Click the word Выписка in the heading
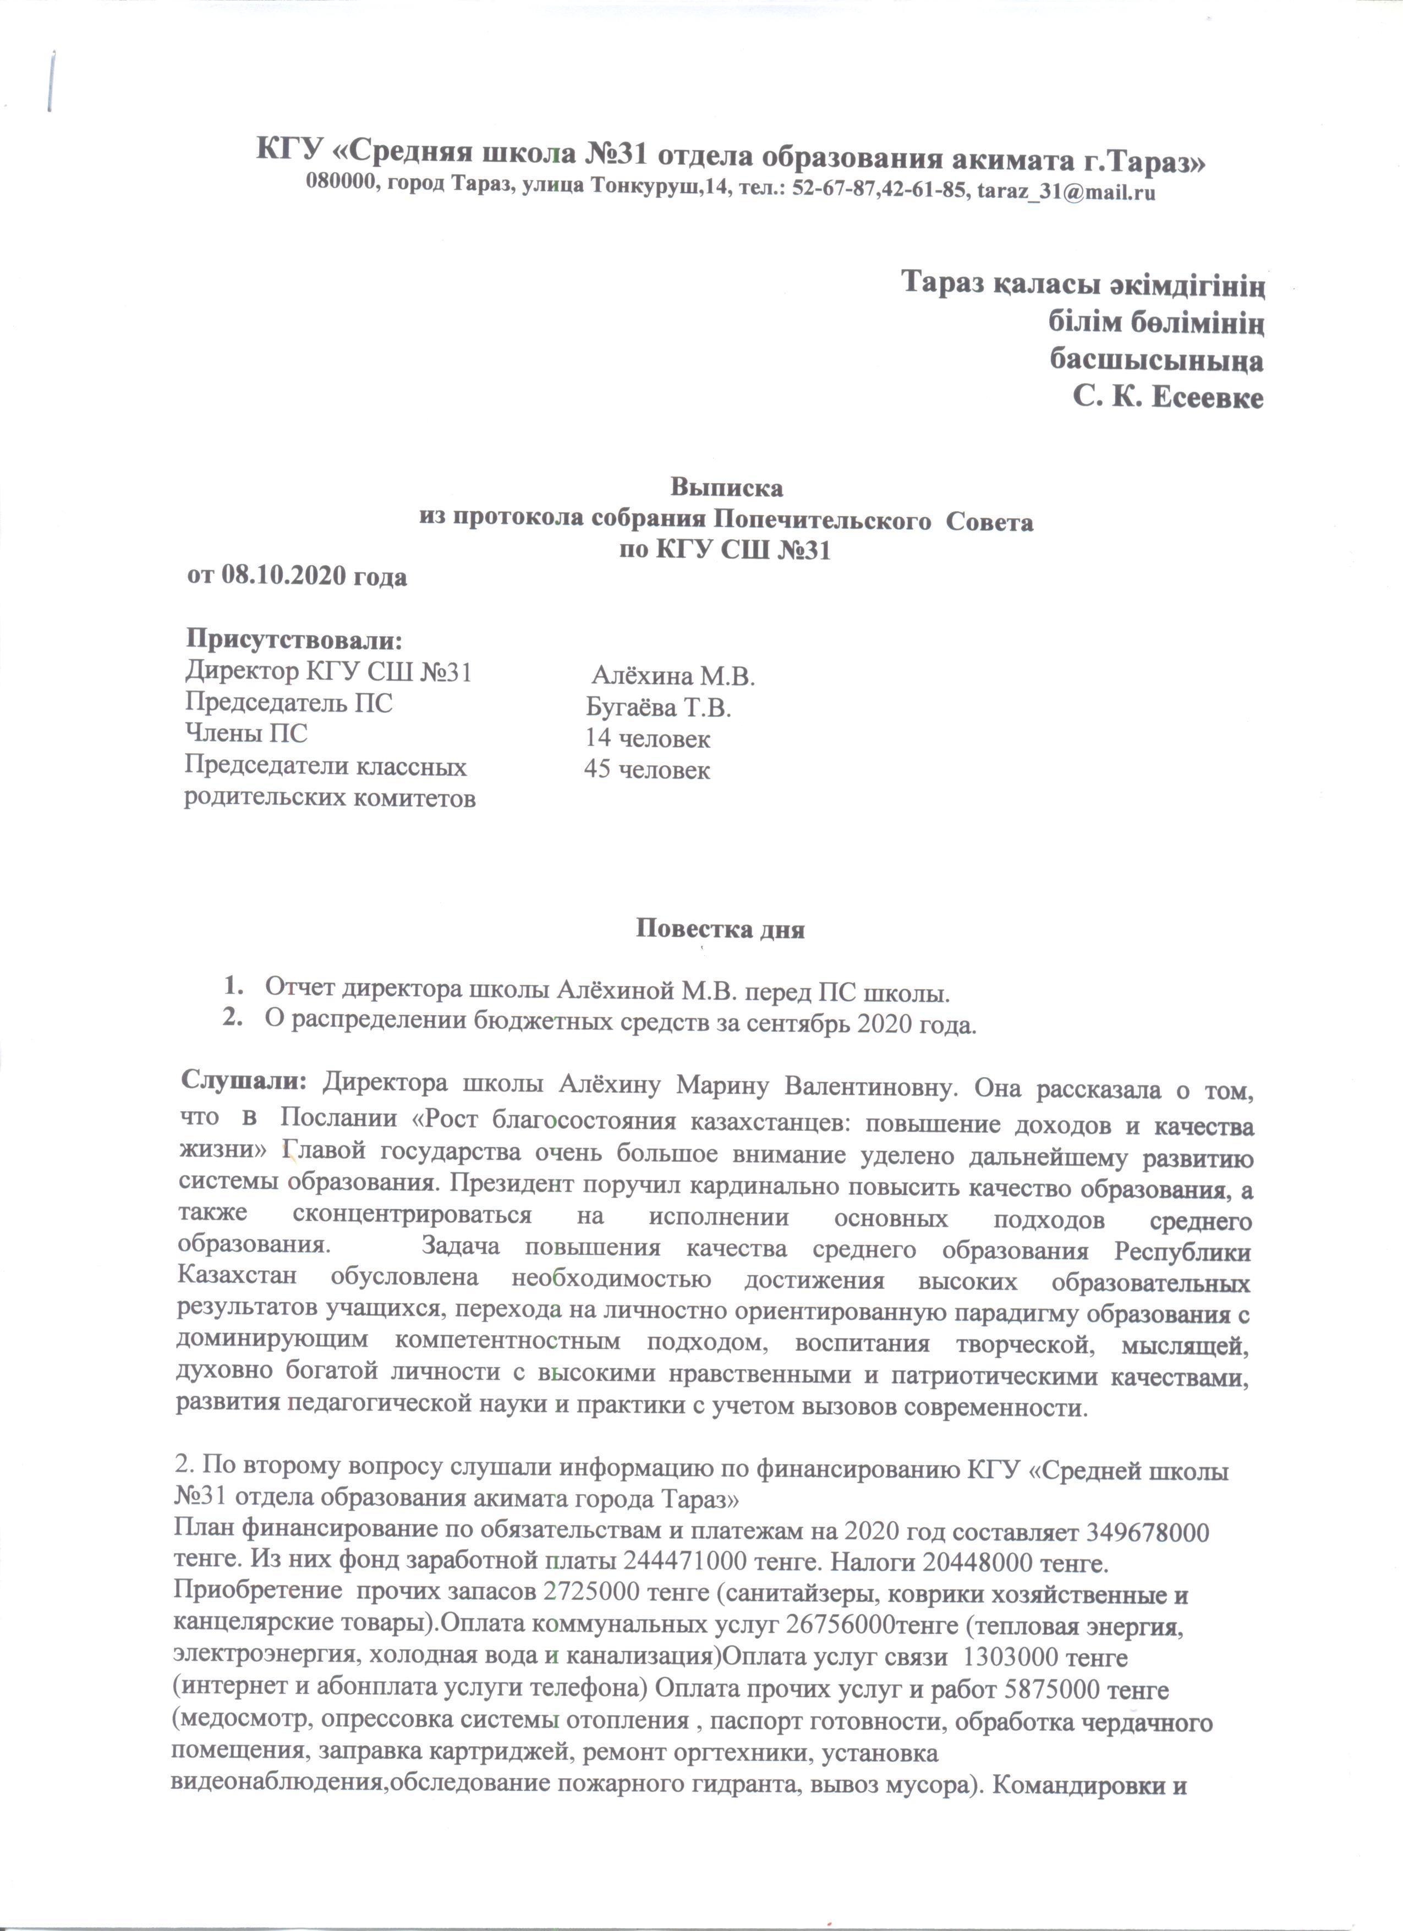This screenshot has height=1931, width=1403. [726, 488]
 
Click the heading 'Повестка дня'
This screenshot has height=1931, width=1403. [720, 928]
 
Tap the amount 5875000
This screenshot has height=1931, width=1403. [1055, 1689]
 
